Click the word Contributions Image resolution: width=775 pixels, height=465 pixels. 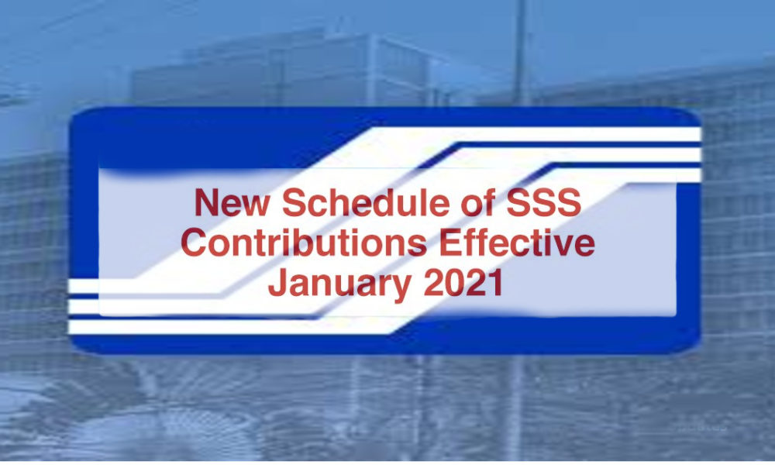tap(303, 243)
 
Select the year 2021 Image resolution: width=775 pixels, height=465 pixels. tap(464, 284)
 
